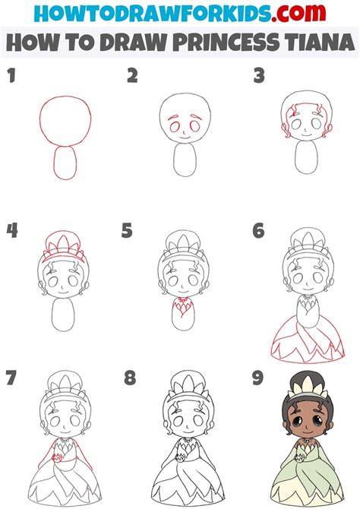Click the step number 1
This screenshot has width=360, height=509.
click(11, 75)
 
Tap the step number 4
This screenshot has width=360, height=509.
click(12, 230)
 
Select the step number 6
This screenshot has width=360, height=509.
click(258, 230)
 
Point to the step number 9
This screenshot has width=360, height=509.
click(258, 378)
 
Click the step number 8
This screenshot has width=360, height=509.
click(130, 378)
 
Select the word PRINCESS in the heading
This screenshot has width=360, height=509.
click(226, 43)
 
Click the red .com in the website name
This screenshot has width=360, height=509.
click(298, 13)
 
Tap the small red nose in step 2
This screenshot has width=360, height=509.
click(184, 131)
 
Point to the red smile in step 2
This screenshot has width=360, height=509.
click(185, 138)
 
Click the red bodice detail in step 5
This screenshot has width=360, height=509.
click(183, 306)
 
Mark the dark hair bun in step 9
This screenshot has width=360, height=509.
click(308, 378)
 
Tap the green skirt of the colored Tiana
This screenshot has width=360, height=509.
click(307, 477)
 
